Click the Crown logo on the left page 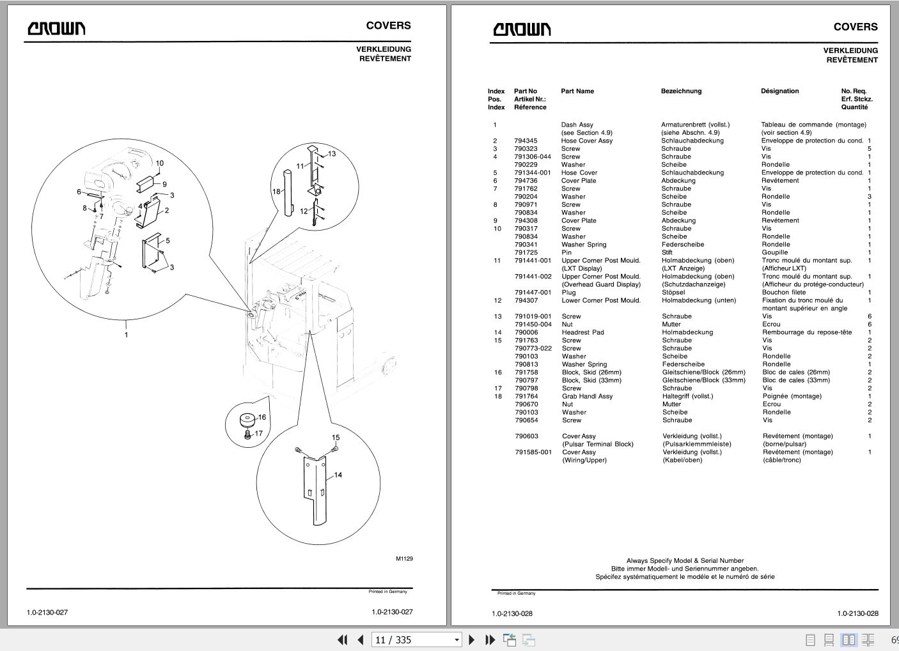pyautogui.click(x=56, y=28)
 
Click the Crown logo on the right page pyautogui.click(x=522, y=29)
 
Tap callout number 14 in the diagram pyautogui.click(x=338, y=475)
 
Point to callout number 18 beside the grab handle pyautogui.click(x=276, y=192)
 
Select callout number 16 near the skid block pyautogui.click(x=262, y=417)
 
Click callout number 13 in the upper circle pyautogui.click(x=332, y=154)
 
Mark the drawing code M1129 pyautogui.click(x=404, y=559)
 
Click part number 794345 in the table pyautogui.click(x=526, y=141)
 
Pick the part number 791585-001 pyautogui.click(x=533, y=452)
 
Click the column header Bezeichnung pyautogui.click(x=681, y=91)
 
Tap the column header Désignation pyautogui.click(x=779, y=91)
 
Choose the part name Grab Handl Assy pyautogui.click(x=587, y=396)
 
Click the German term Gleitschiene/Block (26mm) pyautogui.click(x=703, y=372)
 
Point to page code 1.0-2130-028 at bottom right pyautogui.click(x=857, y=613)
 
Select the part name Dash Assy pyautogui.click(x=577, y=125)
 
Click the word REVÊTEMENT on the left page pyautogui.click(x=385, y=59)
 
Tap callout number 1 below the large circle pyautogui.click(x=126, y=335)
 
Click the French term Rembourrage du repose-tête pyautogui.click(x=807, y=332)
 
